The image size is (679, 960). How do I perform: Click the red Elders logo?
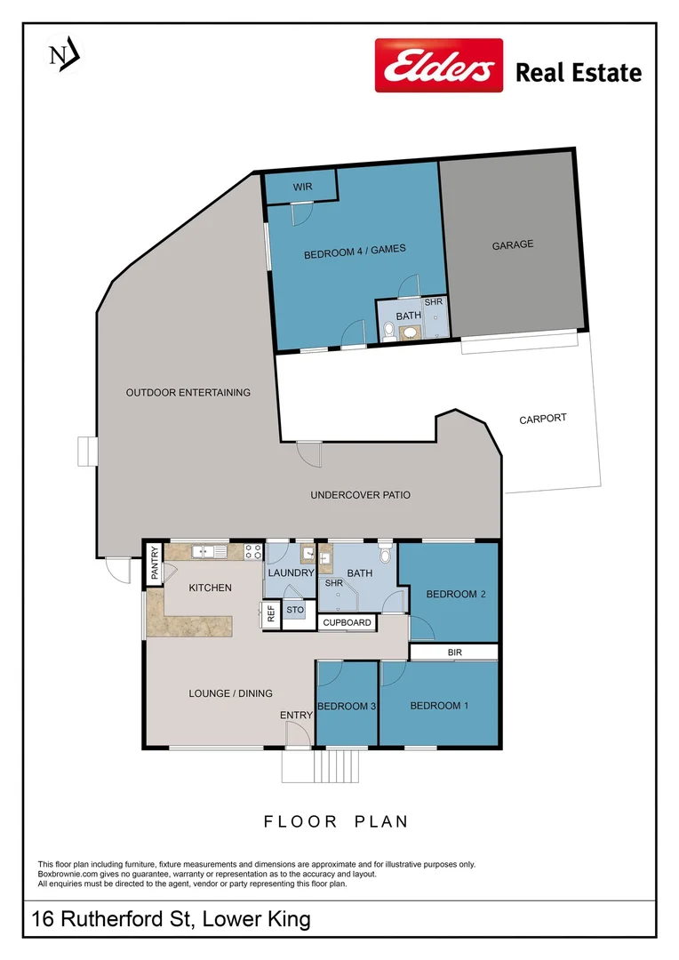click(438, 65)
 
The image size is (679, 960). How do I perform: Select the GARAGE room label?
click(513, 244)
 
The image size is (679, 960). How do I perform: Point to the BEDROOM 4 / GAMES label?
click(355, 252)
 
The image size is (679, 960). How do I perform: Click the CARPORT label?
click(542, 419)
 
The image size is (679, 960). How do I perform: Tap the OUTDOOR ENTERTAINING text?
click(188, 392)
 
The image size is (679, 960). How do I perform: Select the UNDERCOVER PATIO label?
click(360, 495)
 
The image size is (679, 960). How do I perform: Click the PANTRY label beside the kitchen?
click(154, 564)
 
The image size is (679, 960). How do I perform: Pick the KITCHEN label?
click(211, 588)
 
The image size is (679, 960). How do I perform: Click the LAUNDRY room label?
click(290, 573)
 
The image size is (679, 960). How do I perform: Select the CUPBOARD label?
click(346, 622)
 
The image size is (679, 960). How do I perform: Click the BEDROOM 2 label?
click(454, 594)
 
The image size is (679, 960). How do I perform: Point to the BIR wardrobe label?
click(454, 652)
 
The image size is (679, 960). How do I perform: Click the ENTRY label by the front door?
click(296, 716)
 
